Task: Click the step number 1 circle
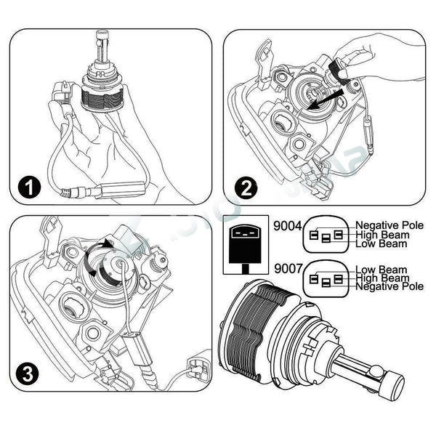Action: tap(29, 187)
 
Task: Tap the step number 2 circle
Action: tap(246, 189)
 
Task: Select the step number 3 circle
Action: tap(28, 374)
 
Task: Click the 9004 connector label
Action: tap(287, 226)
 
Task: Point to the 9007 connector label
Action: tap(288, 269)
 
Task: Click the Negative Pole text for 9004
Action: tap(389, 225)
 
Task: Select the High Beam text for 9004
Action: tap(382, 235)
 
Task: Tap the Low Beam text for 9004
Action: tap(381, 244)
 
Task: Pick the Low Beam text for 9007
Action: tap(381, 270)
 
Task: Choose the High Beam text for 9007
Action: tap(382, 278)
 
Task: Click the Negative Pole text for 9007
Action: tap(389, 286)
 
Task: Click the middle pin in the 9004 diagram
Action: tap(326, 238)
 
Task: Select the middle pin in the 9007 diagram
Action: tap(326, 283)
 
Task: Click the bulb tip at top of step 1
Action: tap(102, 36)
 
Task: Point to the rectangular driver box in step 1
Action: tap(120, 190)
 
